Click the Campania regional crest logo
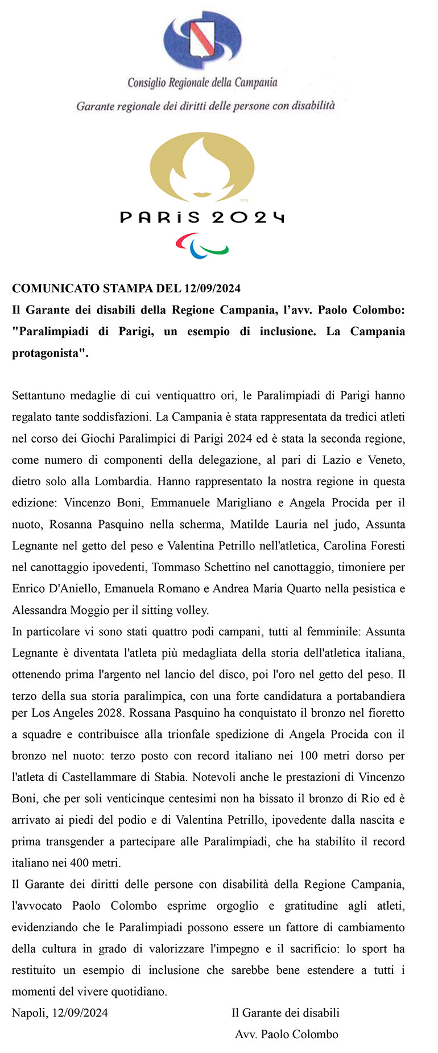coord(203,40)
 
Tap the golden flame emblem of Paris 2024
coord(202,167)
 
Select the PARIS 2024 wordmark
coord(202,217)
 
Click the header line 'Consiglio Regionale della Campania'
coord(203,83)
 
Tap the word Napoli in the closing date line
coord(28,1013)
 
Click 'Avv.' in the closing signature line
coord(245,1035)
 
